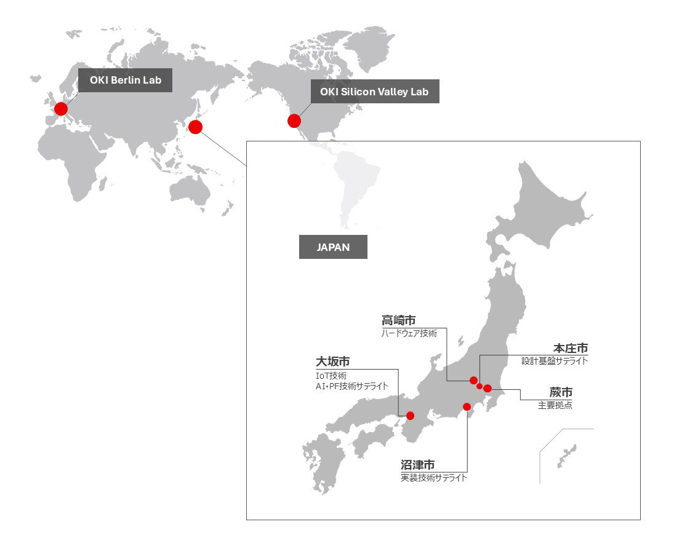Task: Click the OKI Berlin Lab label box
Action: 125,80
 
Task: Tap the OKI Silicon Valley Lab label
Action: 374,92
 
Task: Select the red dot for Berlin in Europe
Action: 60,109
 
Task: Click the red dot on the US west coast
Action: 294,121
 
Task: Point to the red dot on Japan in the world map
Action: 195,127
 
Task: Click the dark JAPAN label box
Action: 333,247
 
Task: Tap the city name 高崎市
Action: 398,320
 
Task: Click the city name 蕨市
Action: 561,392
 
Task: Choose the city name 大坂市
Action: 332,362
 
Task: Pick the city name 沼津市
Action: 417,465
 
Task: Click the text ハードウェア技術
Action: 409,333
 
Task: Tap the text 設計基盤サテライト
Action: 554,361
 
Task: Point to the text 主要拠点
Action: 555,405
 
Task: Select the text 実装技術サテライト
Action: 433,477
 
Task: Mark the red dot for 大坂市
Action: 411,416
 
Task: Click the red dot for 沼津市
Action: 467,406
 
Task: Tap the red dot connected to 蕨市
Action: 487,388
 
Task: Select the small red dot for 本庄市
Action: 479,386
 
